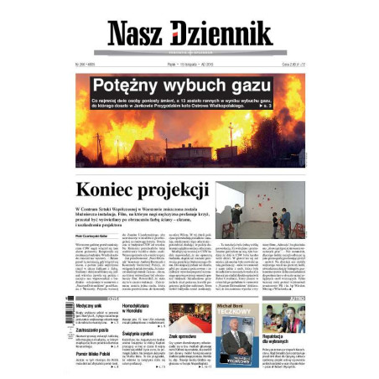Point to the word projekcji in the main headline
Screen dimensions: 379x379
tap(172, 190)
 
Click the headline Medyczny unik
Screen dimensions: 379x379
tap(90, 307)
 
